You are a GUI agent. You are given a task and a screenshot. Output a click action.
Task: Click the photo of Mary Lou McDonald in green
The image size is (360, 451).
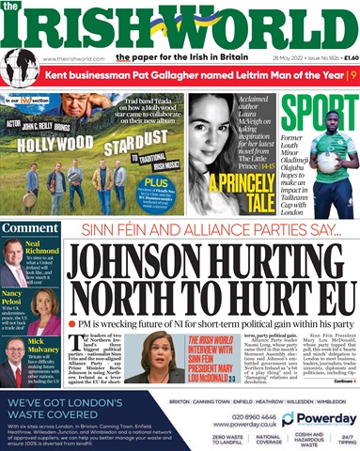pyautogui.click(x=196, y=353)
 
